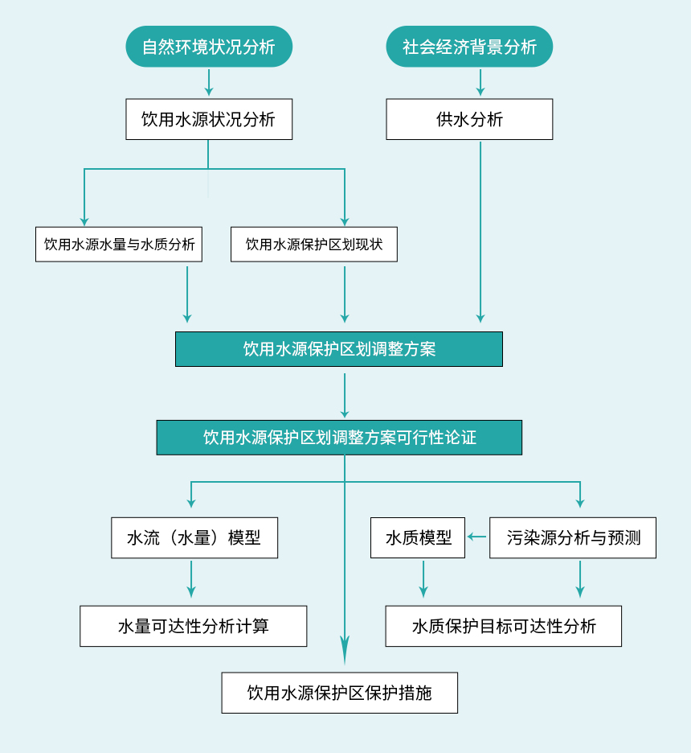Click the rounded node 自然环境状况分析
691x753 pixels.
tap(209, 47)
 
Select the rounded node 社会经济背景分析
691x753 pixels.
tap(469, 47)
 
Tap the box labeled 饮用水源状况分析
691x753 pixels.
tap(209, 119)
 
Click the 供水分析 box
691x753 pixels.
tap(469, 119)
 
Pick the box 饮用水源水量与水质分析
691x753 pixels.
tap(119, 245)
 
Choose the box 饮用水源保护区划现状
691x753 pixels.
tap(314, 245)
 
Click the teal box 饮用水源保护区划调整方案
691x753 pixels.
tap(339, 349)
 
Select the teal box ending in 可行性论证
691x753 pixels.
tap(339, 438)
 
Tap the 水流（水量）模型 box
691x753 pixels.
tap(194, 538)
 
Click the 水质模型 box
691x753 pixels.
tap(418, 538)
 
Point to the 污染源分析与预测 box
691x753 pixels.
tap(573, 538)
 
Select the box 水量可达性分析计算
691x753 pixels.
tap(194, 626)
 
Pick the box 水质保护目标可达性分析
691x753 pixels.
tap(504, 626)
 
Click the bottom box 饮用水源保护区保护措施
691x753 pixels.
tap(340, 693)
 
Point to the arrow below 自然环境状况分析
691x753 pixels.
tap(209, 83)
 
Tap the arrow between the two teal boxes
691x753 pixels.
tap(345, 394)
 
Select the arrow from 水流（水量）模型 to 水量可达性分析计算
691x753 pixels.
tap(191, 579)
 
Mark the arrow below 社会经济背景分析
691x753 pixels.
tap(480, 83)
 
